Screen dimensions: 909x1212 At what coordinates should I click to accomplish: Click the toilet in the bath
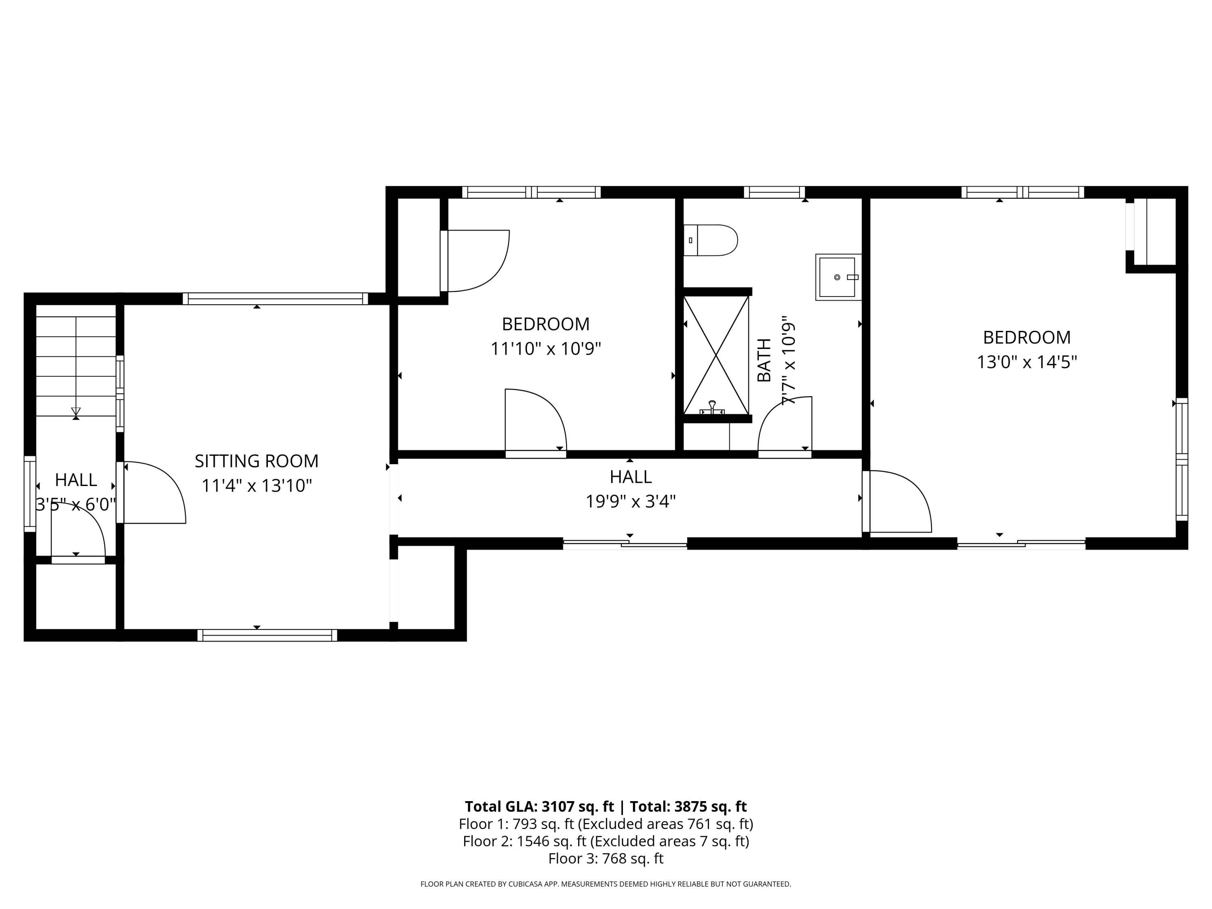[x=711, y=240]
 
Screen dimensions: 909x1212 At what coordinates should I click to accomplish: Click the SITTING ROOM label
[x=257, y=461]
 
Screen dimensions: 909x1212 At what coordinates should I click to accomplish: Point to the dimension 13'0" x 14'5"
[x=1027, y=362]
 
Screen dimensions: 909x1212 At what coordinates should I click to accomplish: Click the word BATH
[x=764, y=360]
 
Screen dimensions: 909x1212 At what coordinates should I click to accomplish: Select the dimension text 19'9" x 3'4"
[x=630, y=501]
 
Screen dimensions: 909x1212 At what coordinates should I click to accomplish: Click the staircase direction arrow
[x=76, y=412]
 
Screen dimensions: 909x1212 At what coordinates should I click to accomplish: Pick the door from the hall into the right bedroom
[x=898, y=501]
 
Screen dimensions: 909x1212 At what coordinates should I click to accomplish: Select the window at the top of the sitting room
[x=275, y=299]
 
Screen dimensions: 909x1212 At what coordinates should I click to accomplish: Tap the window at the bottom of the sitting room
[x=267, y=635]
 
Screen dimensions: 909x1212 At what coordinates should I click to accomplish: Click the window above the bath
[x=774, y=192]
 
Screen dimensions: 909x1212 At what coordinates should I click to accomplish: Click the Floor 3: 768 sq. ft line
[x=606, y=858]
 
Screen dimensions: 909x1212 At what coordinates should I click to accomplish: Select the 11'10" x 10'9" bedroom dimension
[x=546, y=349]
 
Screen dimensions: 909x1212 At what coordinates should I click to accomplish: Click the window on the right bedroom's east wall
[x=1182, y=459]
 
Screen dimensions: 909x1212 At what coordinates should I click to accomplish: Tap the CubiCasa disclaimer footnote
[x=606, y=884]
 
